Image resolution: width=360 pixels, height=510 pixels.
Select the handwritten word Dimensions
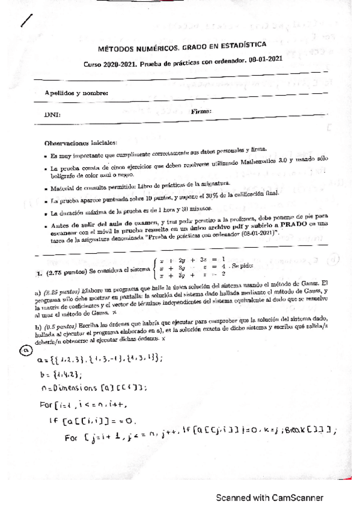79,389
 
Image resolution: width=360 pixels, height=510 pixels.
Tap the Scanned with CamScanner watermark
270,498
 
